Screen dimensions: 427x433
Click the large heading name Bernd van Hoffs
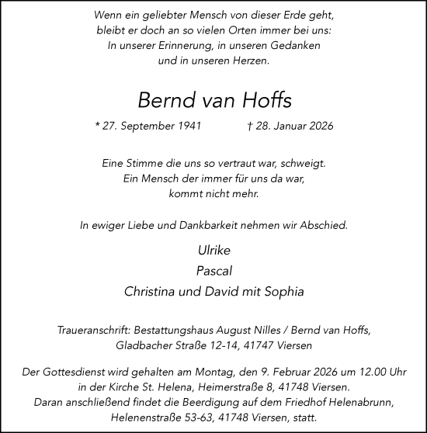click(x=213, y=100)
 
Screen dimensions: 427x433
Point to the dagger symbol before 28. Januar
click(x=249, y=126)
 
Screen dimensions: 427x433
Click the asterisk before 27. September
click(x=96, y=126)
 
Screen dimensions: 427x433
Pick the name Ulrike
click(x=213, y=251)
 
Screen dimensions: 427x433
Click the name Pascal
click(x=213, y=272)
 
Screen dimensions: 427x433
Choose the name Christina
click(x=151, y=293)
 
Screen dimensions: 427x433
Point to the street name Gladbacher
click(x=144, y=345)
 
